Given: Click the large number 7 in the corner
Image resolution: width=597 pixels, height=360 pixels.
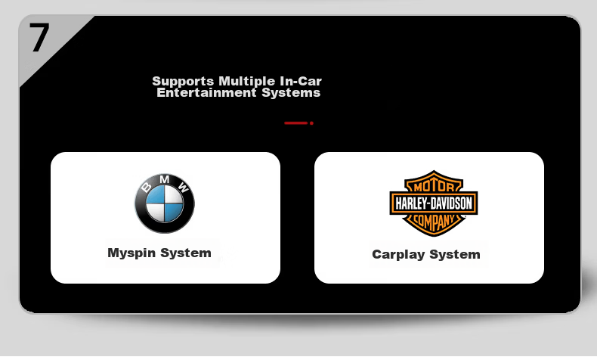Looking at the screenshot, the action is click(39, 37).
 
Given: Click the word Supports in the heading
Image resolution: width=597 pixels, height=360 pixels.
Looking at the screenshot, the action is click(183, 82).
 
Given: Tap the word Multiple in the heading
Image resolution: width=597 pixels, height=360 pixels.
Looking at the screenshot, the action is click(246, 82).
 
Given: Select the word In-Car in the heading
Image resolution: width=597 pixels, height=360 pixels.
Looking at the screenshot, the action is click(301, 81).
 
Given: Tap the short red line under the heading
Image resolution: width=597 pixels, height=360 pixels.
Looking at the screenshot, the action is click(295, 123).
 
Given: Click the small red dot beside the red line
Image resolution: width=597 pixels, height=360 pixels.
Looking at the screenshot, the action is click(311, 123).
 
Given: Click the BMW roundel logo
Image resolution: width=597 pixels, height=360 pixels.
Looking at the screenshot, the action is click(165, 203).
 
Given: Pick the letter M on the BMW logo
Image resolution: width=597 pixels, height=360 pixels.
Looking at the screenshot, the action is click(165, 179).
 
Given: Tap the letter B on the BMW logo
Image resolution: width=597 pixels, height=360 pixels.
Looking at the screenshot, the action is click(147, 187).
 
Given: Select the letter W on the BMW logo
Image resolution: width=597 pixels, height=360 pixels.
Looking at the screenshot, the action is click(184, 187).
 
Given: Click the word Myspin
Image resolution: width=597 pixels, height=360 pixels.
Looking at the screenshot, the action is click(131, 253).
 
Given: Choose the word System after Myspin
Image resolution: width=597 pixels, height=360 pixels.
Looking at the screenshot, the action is click(185, 253).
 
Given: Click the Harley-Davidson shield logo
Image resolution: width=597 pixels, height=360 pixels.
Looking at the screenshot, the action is click(434, 203).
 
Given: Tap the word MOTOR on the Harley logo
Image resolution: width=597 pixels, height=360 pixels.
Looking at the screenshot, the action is click(434, 186).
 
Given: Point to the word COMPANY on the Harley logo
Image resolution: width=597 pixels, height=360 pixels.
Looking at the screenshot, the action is click(434, 221).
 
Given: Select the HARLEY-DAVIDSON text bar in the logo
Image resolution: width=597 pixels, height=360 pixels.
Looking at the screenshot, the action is click(434, 203).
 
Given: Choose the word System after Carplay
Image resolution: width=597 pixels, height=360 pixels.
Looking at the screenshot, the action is click(455, 254).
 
